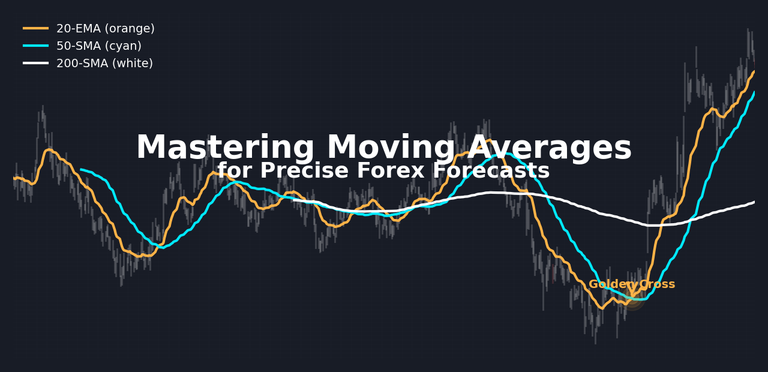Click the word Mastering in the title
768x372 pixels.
pos(225,148)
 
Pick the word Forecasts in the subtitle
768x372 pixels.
pos(491,170)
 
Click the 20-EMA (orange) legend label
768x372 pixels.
pos(106,28)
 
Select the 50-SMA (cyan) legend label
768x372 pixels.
pos(99,46)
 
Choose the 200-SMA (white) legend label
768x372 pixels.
pos(104,64)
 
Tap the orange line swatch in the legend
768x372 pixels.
pos(35,28)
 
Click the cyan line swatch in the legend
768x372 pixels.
pos(35,46)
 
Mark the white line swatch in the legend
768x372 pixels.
pos(35,63)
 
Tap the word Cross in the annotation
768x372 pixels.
pos(657,284)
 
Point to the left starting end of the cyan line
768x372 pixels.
pos(81,169)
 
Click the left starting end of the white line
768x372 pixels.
pos(293,200)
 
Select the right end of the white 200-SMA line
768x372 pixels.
pos(754,202)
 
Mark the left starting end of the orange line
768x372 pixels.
pos(14,178)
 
